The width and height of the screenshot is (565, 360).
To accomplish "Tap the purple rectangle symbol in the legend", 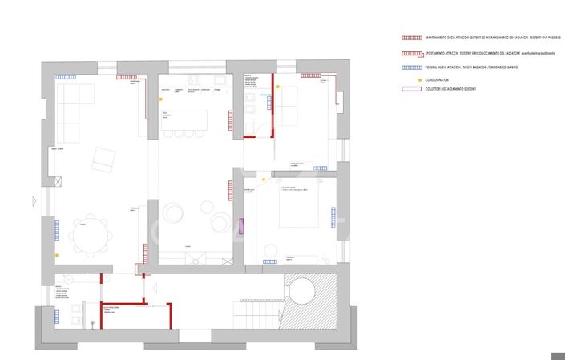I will click(411, 89).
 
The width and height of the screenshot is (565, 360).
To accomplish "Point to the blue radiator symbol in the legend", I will click(411, 67).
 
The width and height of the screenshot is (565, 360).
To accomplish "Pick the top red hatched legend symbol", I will click(411, 38).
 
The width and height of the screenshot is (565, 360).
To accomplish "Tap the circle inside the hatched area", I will click(302, 291).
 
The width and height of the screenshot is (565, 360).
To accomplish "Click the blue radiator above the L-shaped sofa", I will click(66, 78).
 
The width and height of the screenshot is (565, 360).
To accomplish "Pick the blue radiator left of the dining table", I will click(57, 230).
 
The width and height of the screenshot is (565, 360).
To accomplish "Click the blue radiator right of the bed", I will click(333, 217).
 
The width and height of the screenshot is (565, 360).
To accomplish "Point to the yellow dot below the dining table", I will click(56, 256).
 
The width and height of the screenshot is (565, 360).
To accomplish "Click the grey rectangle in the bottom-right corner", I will click(558, 356).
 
